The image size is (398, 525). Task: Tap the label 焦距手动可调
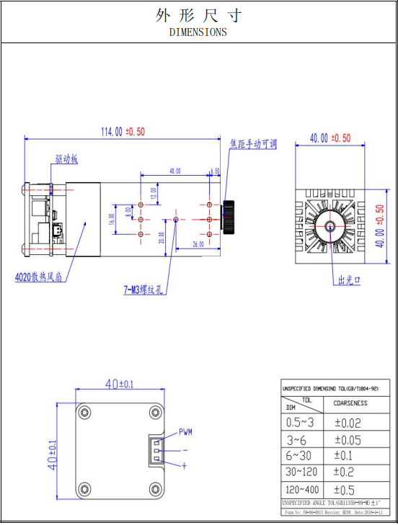(x=253, y=144)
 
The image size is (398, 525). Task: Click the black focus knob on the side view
(x=229, y=217)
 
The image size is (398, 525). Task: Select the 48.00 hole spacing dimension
(x=174, y=171)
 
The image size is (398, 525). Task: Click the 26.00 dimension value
(x=198, y=245)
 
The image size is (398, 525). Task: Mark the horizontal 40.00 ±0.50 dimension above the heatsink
(x=330, y=138)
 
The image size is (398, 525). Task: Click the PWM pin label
(x=185, y=433)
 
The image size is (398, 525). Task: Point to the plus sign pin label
(x=184, y=466)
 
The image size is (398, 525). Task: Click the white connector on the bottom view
(x=156, y=450)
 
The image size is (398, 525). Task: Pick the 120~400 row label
(x=300, y=490)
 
